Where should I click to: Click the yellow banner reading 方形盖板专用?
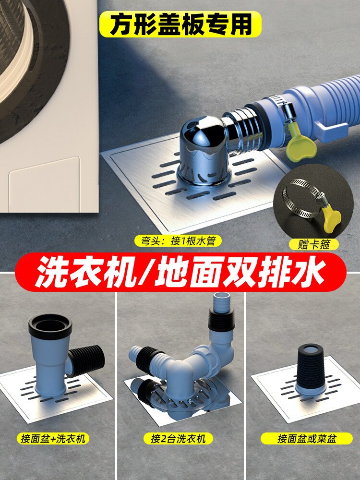[180, 24]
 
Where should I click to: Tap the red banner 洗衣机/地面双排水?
[180, 272]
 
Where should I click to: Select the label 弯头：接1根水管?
[178, 241]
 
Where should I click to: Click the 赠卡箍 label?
[314, 244]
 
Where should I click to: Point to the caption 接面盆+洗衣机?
[53, 438]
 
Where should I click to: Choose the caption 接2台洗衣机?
[178, 438]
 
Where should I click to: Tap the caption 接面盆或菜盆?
[307, 438]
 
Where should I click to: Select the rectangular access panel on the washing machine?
[44, 185]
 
